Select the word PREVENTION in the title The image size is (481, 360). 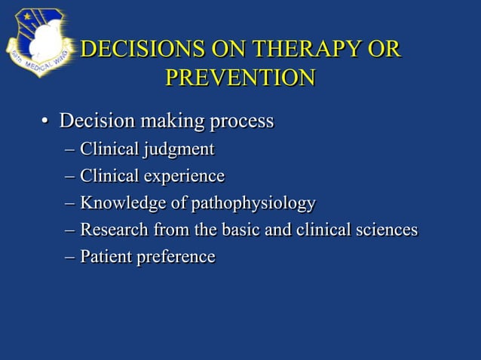click(240, 78)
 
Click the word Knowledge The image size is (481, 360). click(117, 203)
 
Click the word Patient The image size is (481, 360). click(106, 257)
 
